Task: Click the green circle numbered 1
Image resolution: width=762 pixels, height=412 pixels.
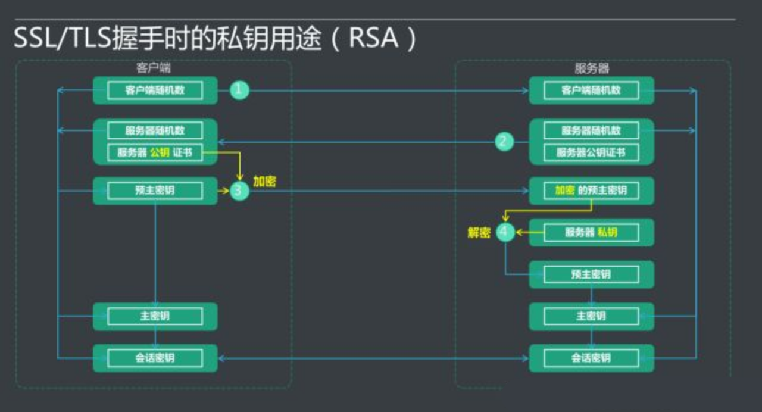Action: (239, 90)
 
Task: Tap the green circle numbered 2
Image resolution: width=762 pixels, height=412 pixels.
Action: (504, 142)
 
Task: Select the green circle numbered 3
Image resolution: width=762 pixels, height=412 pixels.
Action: (239, 191)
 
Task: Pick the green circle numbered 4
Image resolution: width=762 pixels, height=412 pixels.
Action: (505, 232)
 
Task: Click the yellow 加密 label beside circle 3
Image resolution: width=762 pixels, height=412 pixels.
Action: (264, 182)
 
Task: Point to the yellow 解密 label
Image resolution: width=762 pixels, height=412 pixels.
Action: (479, 233)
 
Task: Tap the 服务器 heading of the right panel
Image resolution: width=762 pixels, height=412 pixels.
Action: (592, 68)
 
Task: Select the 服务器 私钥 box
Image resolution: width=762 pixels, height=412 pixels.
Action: (591, 232)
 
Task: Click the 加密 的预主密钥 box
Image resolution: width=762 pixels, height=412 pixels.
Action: (591, 191)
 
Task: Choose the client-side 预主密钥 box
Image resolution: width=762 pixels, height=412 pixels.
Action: (155, 191)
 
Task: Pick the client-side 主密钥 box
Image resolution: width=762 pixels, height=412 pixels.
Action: (155, 316)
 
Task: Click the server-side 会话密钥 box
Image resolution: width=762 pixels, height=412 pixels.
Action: (591, 358)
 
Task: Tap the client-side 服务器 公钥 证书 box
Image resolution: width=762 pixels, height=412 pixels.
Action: (155, 152)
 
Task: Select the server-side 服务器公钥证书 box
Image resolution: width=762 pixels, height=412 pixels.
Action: (591, 152)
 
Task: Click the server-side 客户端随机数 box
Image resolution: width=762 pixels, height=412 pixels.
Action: (591, 90)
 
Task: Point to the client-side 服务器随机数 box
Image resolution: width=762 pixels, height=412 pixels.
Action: (155, 130)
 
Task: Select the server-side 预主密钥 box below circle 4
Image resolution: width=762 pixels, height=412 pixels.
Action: (591, 274)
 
